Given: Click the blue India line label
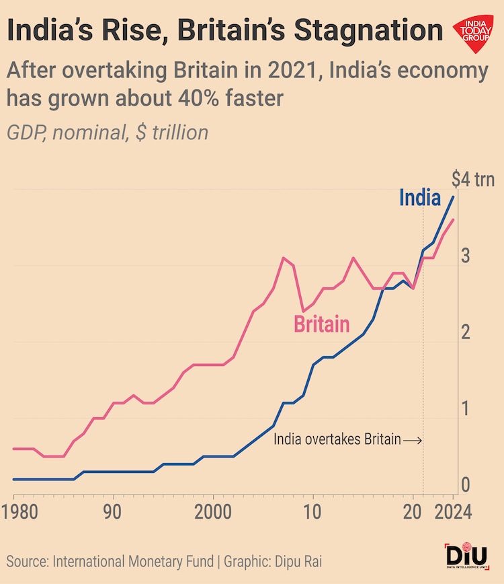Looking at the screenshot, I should click(420, 197).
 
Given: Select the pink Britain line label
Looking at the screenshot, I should click(322, 325).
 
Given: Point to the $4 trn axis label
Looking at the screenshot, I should click(473, 180).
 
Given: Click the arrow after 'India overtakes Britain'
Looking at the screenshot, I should click(413, 441).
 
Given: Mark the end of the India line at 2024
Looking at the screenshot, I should click(453, 196).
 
